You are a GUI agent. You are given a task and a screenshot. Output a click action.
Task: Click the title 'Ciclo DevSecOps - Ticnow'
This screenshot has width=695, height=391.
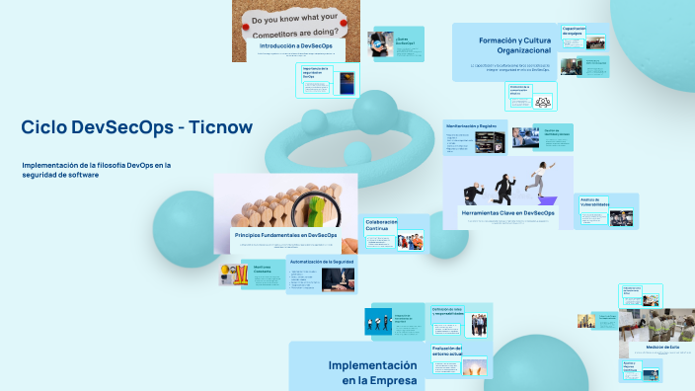coord(136,127)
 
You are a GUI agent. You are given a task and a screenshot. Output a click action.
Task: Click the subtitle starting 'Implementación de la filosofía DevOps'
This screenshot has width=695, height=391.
coord(97,169)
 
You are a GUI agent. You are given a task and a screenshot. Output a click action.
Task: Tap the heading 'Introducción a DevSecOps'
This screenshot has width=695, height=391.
coord(295,46)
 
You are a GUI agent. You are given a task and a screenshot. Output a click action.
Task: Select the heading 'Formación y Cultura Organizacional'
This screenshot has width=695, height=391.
coord(514,45)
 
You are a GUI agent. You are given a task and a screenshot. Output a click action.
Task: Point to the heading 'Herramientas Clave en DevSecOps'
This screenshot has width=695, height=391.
coord(507,212)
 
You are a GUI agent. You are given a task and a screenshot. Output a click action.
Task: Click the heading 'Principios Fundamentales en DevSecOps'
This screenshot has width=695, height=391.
coord(286,235)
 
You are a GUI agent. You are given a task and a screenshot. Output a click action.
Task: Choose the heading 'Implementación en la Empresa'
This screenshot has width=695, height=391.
coord(372,371)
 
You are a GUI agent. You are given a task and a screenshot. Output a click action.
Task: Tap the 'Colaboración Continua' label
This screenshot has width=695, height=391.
coord(381,225)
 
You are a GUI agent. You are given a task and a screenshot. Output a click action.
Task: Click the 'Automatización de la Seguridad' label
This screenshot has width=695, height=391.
coord(321,261)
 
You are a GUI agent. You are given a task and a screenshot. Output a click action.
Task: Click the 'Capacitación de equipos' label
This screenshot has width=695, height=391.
coord(581,31)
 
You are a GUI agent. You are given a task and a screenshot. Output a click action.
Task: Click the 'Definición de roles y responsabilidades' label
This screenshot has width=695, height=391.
coord(453,310)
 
